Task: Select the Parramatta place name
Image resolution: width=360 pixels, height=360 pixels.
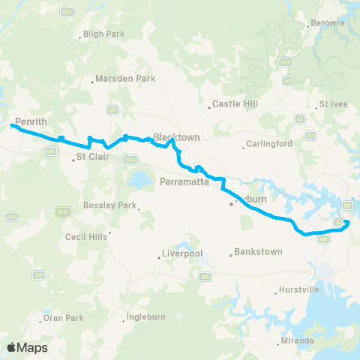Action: pyautogui.click(x=188, y=181)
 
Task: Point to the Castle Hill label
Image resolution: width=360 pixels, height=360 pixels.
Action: pyautogui.click(x=235, y=104)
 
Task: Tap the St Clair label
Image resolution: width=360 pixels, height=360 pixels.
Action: pyautogui.click(x=93, y=157)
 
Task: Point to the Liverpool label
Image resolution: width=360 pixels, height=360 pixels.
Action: pyautogui.click(x=183, y=253)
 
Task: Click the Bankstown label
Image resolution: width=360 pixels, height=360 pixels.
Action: pyautogui.click(x=258, y=251)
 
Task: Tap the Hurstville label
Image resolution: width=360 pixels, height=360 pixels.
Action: pyautogui.click(x=299, y=289)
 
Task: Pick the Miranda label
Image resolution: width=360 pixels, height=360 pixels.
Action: pyautogui.click(x=296, y=341)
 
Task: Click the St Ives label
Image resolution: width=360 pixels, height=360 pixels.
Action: pyautogui.click(x=334, y=103)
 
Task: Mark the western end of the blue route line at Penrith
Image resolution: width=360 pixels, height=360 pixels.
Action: pyautogui.click(x=12, y=126)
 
